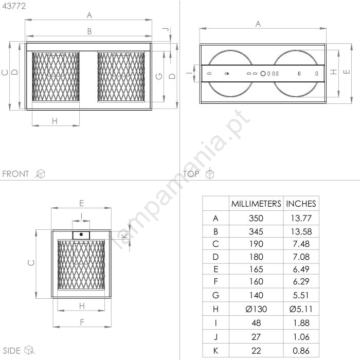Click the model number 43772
coord(14,6)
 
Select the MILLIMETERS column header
coord(256,204)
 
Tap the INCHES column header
coord(301,204)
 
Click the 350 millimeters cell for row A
coord(256,218)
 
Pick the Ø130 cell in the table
coord(256,309)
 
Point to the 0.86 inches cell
coord(301,351)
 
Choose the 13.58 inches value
coord(301,231)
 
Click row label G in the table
coord(215,295)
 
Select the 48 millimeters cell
coord(256,323)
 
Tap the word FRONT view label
coord(15,174)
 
